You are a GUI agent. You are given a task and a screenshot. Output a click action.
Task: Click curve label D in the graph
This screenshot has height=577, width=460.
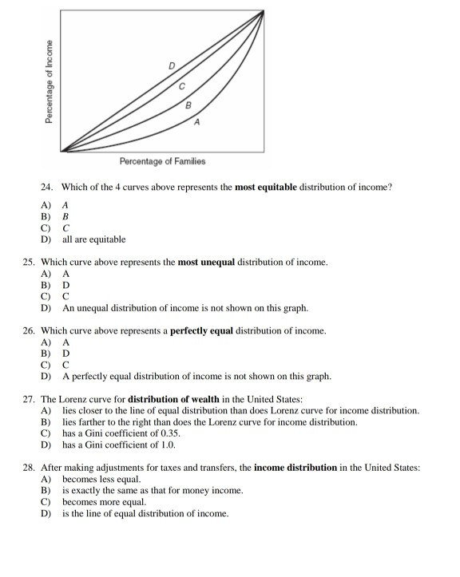coord(171,65)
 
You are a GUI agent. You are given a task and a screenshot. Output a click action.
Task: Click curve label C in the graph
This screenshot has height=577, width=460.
coord(181,85)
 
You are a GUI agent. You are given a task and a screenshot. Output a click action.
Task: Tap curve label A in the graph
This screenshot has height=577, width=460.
coord(196,122)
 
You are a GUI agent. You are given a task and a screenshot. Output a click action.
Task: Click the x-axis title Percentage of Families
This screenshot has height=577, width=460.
coord(162,161)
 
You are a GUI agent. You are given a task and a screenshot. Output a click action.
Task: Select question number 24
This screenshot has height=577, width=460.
coord(47,187)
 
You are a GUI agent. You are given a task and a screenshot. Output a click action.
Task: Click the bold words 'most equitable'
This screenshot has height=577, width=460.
coord(264,187)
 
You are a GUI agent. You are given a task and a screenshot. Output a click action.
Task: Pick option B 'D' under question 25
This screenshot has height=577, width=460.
coord(66,285)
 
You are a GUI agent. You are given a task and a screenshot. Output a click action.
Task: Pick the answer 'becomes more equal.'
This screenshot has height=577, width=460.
coord(104,502)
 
